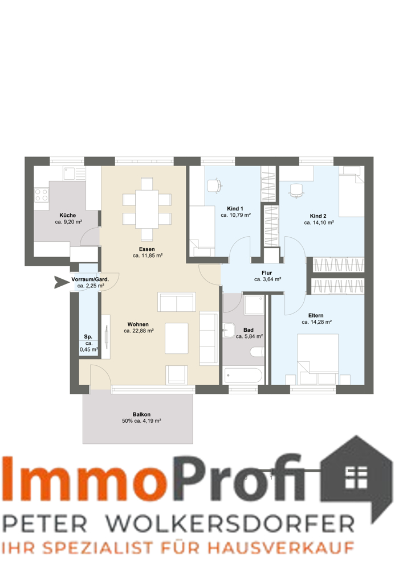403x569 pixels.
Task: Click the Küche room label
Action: pos(68,215)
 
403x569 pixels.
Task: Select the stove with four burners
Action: pos(42,195)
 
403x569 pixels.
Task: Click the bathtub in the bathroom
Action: pos(243,376)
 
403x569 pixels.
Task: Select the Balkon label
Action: pos(141,414)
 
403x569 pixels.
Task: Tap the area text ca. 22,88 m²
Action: pos(139,331)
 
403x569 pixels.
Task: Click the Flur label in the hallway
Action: pos(267,273)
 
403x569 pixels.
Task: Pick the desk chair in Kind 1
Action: pos(215,185)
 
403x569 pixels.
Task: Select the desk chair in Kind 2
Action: pos(296,191)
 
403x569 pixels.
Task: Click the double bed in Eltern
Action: pos(317,359)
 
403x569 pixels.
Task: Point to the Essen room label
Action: pos(147,249)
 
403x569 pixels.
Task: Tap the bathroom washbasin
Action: pos(229,330)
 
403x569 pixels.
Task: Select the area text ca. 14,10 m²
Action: pos(319,223)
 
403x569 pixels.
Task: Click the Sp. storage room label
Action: pos(88,337)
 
